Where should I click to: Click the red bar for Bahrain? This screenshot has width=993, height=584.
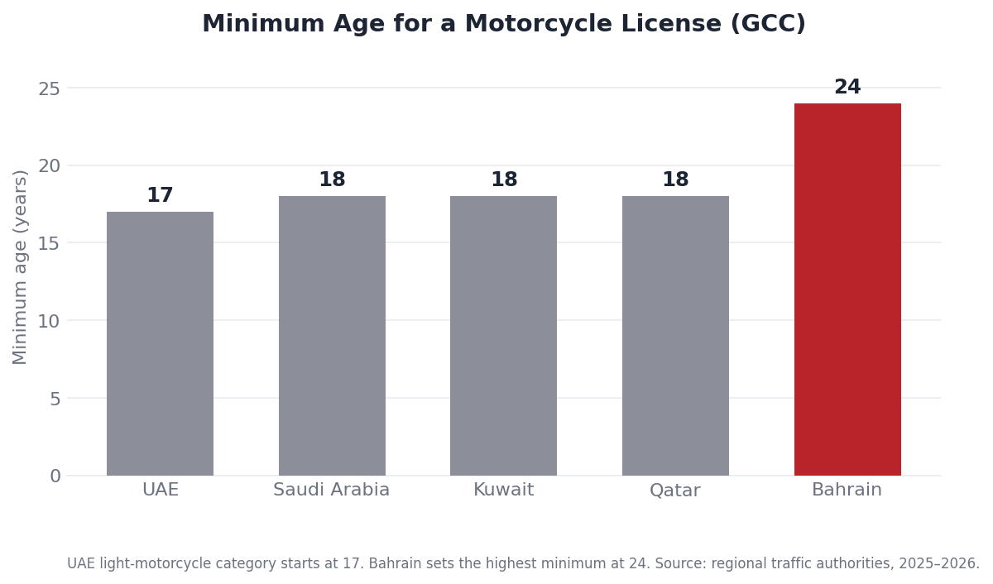847,290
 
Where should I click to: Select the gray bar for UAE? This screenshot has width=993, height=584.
160,344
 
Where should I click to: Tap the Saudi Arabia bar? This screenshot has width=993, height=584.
332,336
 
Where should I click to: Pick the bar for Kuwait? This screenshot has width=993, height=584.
504,336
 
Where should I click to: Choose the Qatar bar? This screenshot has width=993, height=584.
675,336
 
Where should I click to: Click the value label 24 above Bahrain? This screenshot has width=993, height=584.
847,86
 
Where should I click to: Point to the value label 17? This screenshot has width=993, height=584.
160,195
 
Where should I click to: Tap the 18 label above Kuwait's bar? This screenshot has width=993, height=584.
504,179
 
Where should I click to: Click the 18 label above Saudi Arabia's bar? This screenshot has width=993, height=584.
332,179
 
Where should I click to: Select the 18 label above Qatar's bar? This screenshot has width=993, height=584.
675,179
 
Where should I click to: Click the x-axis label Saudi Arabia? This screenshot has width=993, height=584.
332,490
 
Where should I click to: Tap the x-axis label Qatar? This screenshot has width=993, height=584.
675,491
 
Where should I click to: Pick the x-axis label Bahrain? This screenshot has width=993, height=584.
847,490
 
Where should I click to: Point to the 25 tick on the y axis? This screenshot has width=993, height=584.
49,89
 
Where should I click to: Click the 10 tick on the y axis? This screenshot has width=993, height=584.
49,321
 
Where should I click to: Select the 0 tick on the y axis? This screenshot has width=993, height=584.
55,476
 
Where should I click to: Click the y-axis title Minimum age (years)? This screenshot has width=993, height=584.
20,268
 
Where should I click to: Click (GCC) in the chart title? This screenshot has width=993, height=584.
768,23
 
